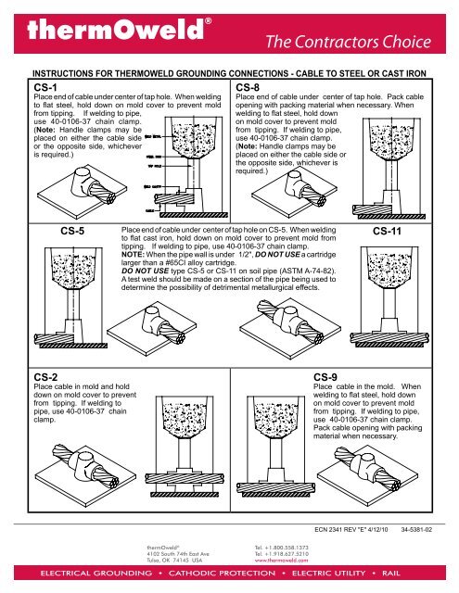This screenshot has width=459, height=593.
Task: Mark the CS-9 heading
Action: coord(330,377)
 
